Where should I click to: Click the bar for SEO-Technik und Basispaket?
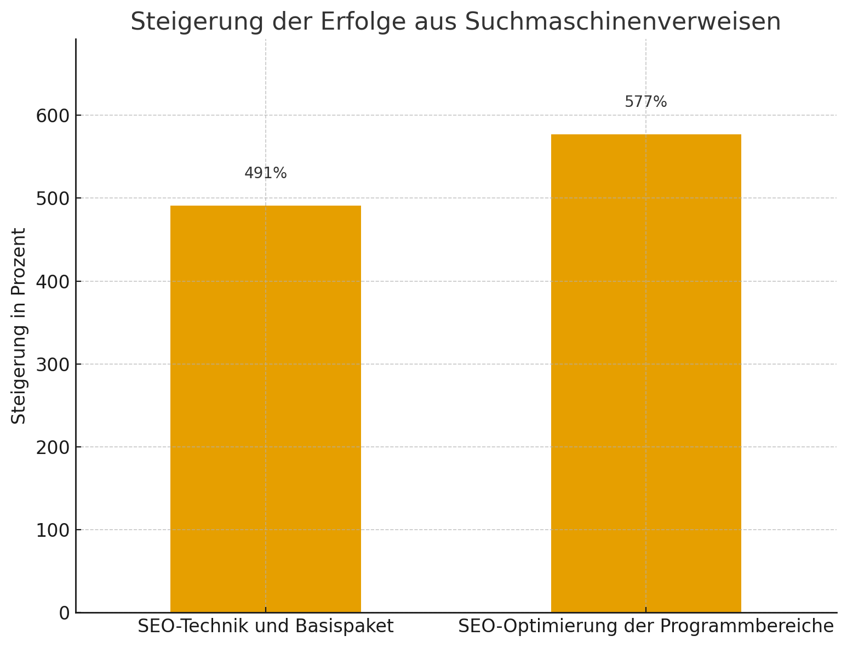click(265, 408)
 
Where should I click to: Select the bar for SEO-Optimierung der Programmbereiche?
click(645, 373)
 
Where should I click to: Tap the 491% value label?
click(265, 173)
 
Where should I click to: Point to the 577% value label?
click(645, 102)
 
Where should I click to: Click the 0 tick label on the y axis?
click(64, 613)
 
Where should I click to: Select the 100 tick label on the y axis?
click(53, 530)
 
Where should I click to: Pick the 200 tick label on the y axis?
click(53, 447)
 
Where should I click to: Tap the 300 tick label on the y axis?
click(53, 365)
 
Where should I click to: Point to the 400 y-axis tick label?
click(53, 282)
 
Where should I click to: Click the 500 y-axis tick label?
click(53, 198)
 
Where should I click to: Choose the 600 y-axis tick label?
click(53, 116)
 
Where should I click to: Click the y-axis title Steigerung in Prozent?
click(19, 326)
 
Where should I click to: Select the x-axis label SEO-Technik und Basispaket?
click(265, 626)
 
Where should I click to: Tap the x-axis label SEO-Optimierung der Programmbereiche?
click(645, 626)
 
